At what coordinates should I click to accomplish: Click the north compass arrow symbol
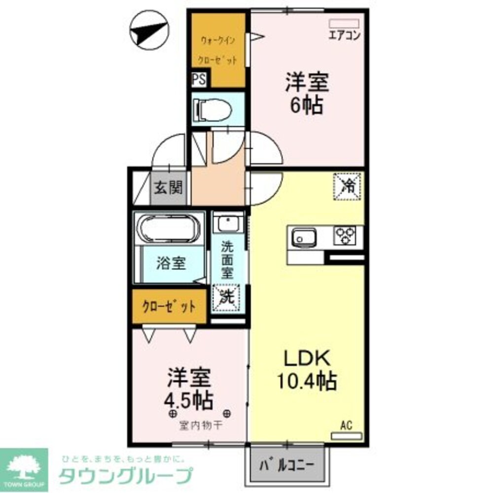pos(147,30)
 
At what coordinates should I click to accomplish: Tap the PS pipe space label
pos(199,80)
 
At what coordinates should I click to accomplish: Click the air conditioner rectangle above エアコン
pos(344,23)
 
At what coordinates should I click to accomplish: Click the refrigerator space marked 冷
pos(348,186)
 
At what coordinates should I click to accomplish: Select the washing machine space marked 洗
pos(226,297)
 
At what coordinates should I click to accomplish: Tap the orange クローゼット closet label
pos(169,307)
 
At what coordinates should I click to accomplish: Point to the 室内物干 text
pos(199,424)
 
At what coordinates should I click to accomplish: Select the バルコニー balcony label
pos(287,464)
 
